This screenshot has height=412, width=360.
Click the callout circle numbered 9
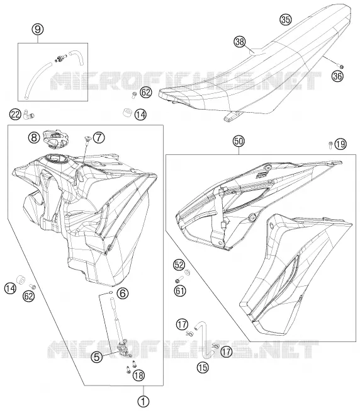[38, 29]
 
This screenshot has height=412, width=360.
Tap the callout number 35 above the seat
[286, 20]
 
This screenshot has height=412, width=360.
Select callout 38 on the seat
[240, 42]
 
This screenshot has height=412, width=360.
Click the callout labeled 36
[338, 76]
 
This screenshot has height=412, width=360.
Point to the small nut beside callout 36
[341, 67]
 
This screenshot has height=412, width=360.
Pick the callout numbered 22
[15, 115]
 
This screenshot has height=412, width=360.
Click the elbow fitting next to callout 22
[28, 115]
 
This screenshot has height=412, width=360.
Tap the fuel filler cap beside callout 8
[55, 138]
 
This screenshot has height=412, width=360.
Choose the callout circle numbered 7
[99, 137]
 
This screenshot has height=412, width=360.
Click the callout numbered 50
[239, 141]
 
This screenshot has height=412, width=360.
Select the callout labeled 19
[340, 144]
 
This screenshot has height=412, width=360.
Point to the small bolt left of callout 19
[330, 145]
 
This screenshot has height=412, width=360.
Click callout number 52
[179, 265]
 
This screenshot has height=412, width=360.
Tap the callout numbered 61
[180, 291]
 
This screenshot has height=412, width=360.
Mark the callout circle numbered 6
[123, 294]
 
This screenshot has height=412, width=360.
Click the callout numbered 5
[97, 357]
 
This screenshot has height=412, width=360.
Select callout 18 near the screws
[138, 375]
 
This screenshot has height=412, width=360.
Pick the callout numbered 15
[203, 367]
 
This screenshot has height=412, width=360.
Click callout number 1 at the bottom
[143, 401]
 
